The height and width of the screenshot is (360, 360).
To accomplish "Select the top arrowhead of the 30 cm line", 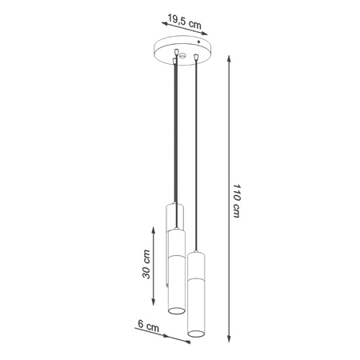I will tap(154, 226).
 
